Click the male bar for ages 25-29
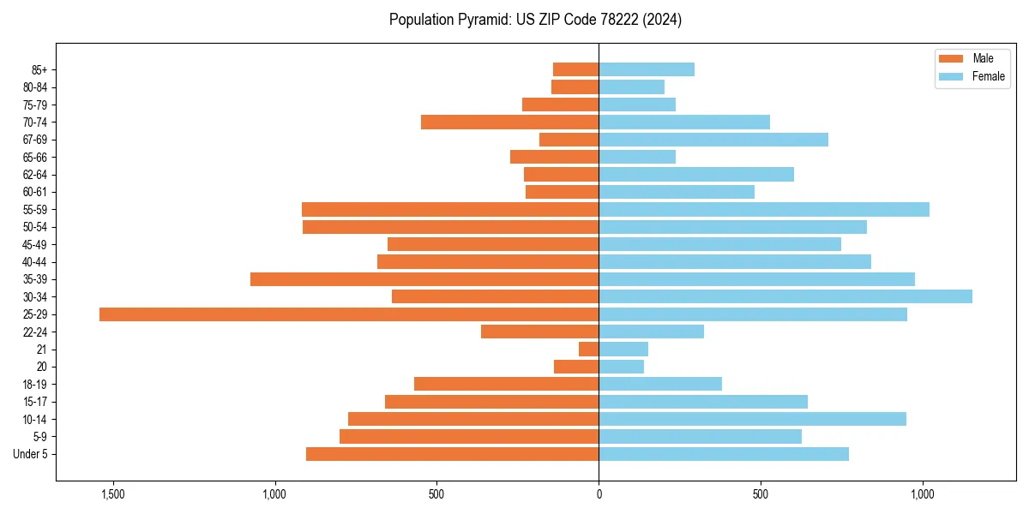(x=349, y=314)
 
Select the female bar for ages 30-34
(x=785, y=296)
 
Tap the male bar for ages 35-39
(x=424, y=279)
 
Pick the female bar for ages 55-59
(x=764, y=209)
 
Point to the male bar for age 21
(x=589, y=350)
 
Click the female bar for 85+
(x=647, y=69)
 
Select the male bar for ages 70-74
(x=509, y=122)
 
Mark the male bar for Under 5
(x=452, y=454)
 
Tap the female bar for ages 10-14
(x=753, y=419)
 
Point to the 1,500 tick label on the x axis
(x=112, y=494)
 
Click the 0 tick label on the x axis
(x=599, y=494)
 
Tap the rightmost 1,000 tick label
(x=923, y=494)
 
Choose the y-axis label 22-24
(x=35, y=332)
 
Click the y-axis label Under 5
(x=31, y=454)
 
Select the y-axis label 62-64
(x=35, y=175)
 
